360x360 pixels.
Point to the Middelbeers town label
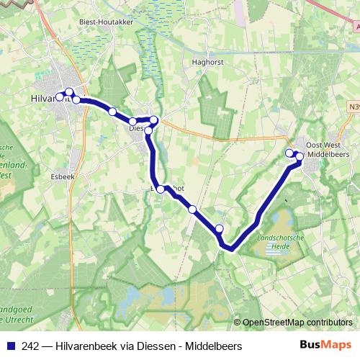(328, 154)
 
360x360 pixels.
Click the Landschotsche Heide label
(282, 241)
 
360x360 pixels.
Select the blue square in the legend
(10, 346)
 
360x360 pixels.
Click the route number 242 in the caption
(30, 346)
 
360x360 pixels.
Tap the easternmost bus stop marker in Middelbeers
(300, 156)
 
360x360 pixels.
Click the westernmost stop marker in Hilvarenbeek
(60, 96)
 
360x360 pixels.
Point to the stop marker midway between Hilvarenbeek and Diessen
(112, 112)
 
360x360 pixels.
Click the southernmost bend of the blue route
(230, 248)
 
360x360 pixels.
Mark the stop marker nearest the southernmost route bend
(220, 228)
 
